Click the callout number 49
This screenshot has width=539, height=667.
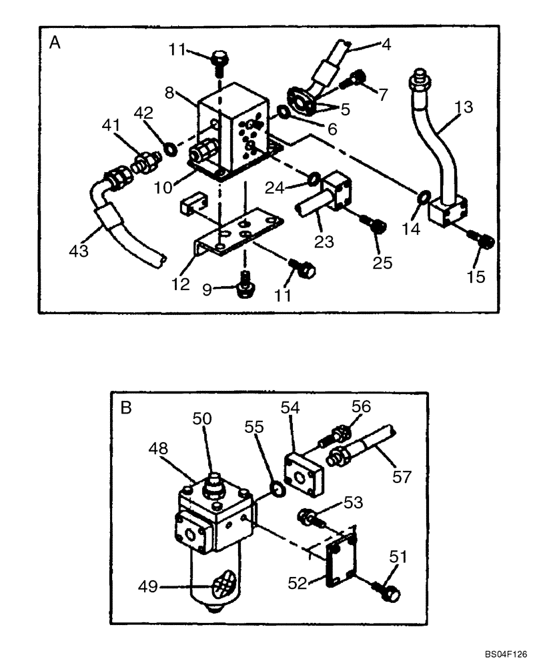[148, 587]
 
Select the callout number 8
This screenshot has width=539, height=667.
[171, 93]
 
